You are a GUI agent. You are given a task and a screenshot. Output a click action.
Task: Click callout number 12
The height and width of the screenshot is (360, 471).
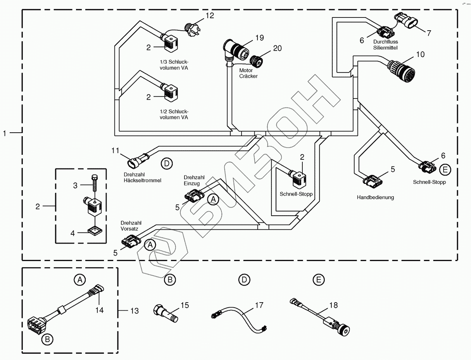pos(209,16)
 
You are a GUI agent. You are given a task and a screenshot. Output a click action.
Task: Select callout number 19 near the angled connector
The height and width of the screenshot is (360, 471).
pos(259,38)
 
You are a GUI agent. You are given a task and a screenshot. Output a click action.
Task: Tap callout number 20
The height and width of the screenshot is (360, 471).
pos(277,48)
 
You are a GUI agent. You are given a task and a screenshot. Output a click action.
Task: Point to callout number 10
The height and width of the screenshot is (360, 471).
pos(420,54)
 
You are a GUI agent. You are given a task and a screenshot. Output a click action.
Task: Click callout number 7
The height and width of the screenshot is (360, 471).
pos(429,33)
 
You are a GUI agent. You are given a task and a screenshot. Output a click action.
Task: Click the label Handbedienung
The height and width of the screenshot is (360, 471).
pos(375,197)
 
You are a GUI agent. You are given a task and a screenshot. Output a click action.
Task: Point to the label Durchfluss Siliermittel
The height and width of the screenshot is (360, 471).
pos(385,44)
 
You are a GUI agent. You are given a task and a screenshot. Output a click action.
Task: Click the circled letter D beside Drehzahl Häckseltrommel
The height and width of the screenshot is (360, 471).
pos(166,164)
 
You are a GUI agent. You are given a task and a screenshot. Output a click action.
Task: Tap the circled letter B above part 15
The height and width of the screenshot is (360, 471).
pos(169,279)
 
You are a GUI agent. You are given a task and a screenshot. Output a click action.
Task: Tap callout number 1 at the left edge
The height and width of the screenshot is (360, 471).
pos(5,133)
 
